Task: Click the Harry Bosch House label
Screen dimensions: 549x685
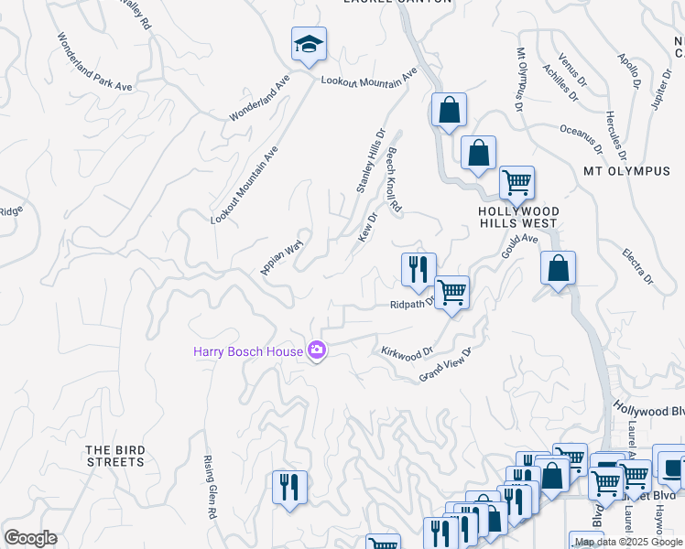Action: (247, 351)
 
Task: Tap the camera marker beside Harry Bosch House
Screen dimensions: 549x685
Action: (317, 350)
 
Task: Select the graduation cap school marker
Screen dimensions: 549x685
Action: (310, 42)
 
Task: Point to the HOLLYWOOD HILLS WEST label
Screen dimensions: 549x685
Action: (518, 217)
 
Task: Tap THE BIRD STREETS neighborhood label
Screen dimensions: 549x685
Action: (115, 456)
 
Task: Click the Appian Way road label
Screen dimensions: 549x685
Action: (281, 259)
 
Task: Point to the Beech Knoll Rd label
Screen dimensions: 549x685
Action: (395, 180)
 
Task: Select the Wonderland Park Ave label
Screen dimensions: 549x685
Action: (95, 62)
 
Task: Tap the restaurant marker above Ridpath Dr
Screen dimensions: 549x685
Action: (419, 269)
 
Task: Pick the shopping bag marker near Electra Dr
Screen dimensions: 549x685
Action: (558, 268)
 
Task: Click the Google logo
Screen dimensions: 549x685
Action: (30, 538)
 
